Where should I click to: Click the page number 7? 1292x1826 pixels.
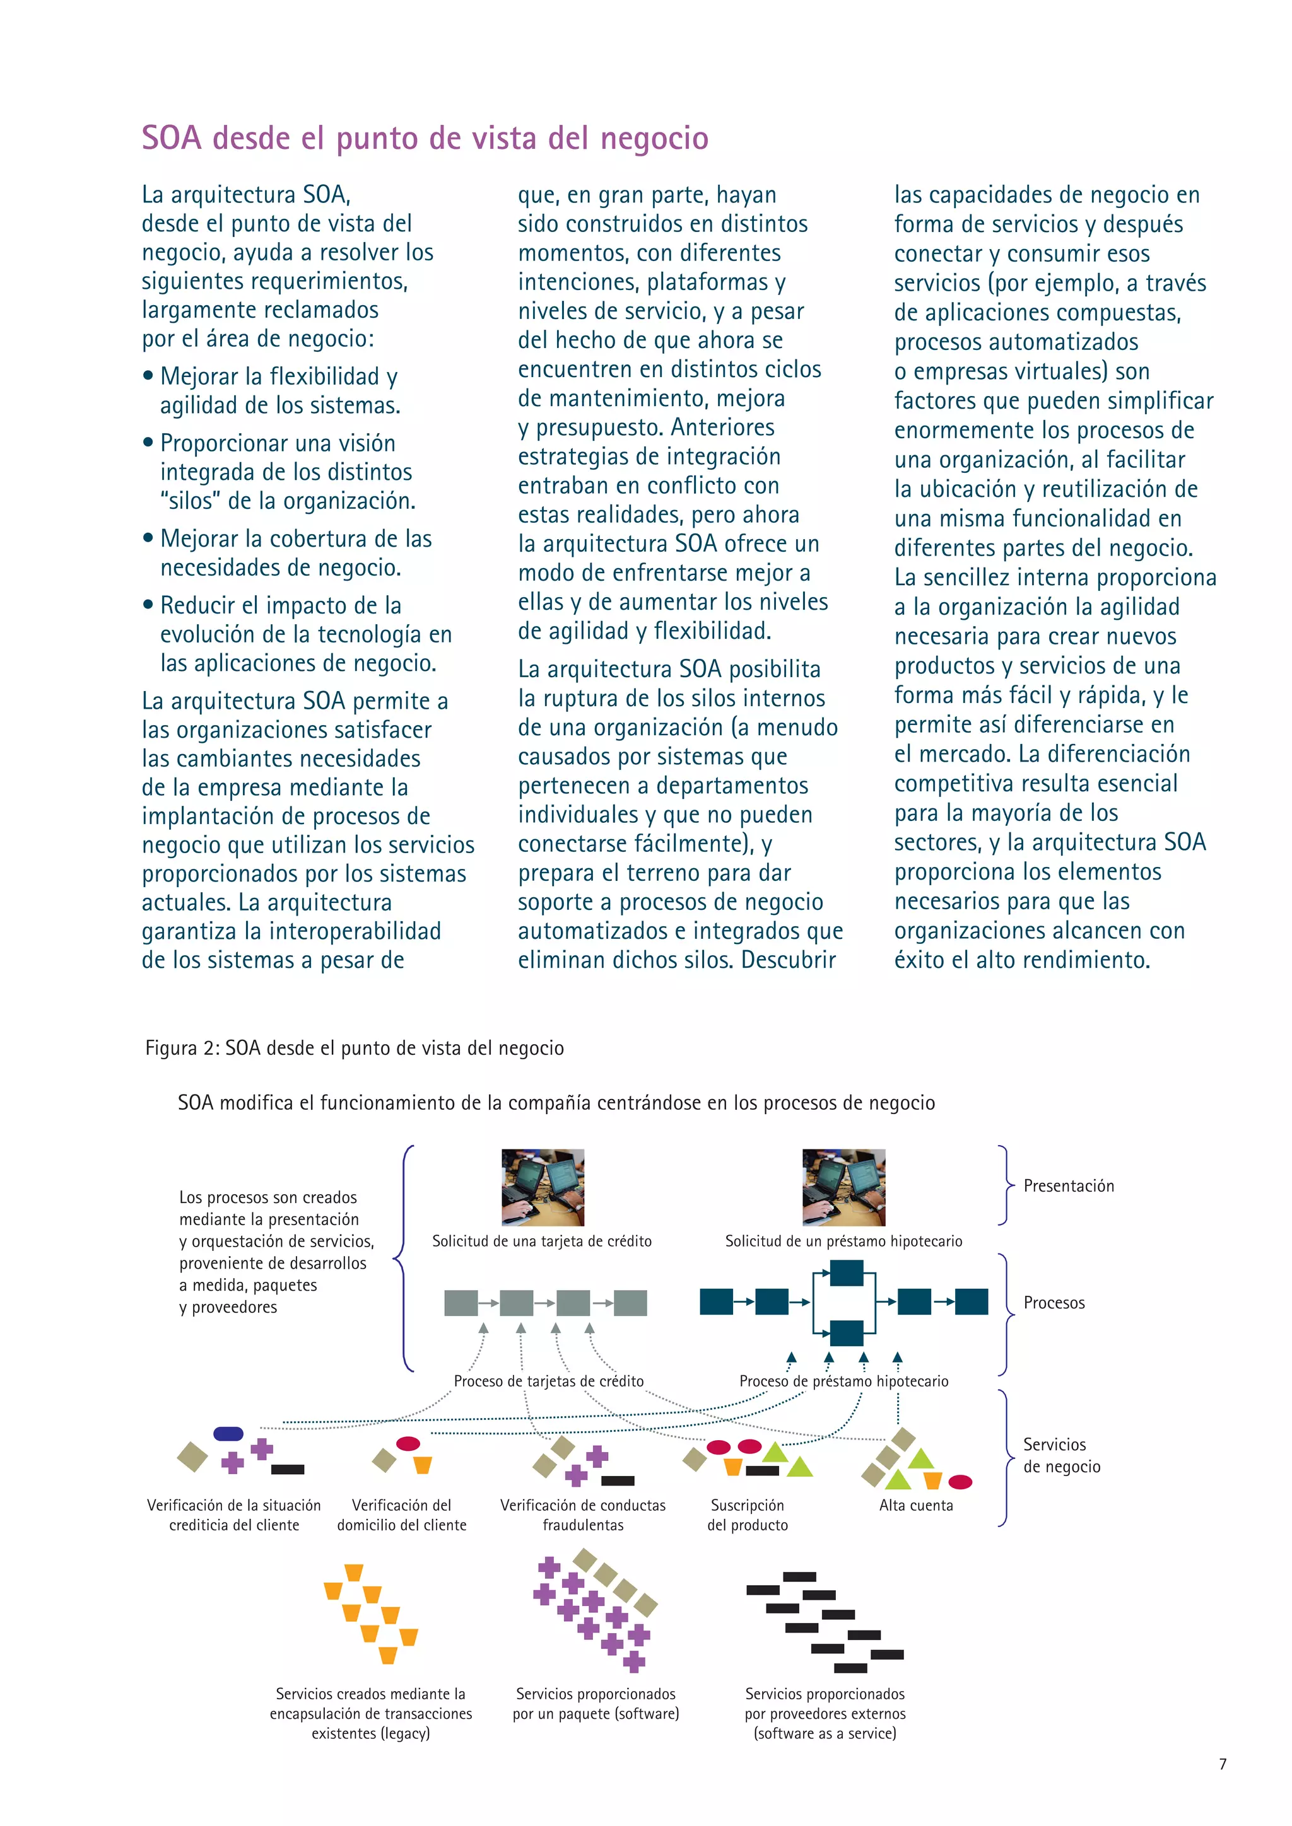click(x=1223, y=1764)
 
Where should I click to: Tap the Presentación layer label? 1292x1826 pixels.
click(x=1069, y=1186)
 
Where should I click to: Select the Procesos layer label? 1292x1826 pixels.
click(x=1054, y=1303)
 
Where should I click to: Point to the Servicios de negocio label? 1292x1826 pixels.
click(x=1061, y=1455)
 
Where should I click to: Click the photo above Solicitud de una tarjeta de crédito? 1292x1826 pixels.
click(x=543, y=1187)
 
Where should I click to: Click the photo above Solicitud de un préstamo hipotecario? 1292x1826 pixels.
click(x=843, y=1187)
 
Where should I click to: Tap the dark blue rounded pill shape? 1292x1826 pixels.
click(x=228, y=1434)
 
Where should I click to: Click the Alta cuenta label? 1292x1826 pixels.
click(x=916, y=1506)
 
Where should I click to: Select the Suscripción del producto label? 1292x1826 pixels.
click(x=747, y=1515)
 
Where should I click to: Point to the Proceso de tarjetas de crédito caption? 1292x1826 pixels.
click(x=548, y=1381)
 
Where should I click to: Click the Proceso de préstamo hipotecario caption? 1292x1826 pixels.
click(x=843, y=1381)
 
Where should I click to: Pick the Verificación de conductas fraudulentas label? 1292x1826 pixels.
click(x=583, y=1515)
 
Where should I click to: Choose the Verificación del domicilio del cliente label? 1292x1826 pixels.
click(x=402, y=1515)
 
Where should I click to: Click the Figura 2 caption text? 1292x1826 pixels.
click(x=354, y=1048)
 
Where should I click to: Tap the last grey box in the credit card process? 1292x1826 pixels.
click(x=630, y=1303)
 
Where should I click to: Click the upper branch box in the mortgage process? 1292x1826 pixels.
click(x=847, y=1273)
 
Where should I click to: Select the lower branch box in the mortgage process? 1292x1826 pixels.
click(x=847, y=1332)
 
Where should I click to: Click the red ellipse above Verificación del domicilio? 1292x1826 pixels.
click(x=408, y=1443)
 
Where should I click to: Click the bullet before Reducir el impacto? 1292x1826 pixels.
click(x=148, y=605)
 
